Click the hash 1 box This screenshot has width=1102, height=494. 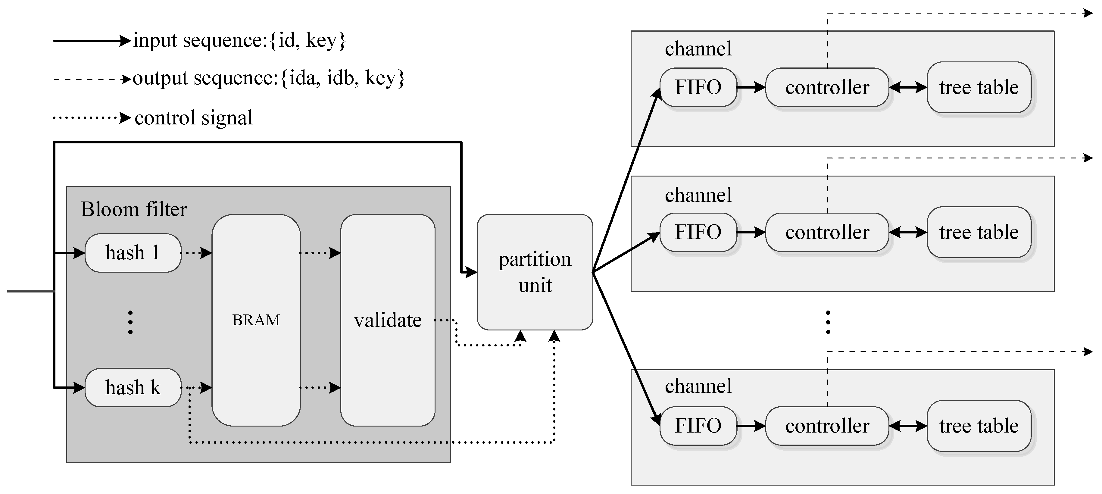pyautogui.click(x=133, y=253)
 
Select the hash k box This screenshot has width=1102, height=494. pyautogui.click(x=133, y=387)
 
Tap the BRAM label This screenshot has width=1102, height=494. pyautogui.click(x=256, y=320)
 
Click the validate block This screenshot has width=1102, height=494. pyautogui.click(x=388, y=320)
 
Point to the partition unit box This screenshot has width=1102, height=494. pyautogui.click(x=535, y=272)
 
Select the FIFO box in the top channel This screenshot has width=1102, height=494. pyautogui.click(x=698, y=87)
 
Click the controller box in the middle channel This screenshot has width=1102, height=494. pyautogui.click(x=827, y=232)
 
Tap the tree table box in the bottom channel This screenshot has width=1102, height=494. pyautogui.click(x=979, y=426)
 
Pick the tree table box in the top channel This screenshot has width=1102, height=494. pyautogui.click(x=979, y=87)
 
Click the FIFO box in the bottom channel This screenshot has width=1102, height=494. pyautogui.click(x=698, y=426)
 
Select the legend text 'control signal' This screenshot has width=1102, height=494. pyautogui.click(x=193, y=117)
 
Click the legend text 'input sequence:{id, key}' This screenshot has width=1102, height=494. pyautogui.click(x=239, y=40)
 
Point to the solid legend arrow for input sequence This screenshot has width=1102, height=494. pyautogui.click(x=91, y=41)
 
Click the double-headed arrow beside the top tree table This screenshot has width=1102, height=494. pyautogui.click(x=908, y=88)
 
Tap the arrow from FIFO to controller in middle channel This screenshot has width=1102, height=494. pyautogui.click(x=751, y=233)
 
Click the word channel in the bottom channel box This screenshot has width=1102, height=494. pyautogui.click(x=698, y=386)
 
